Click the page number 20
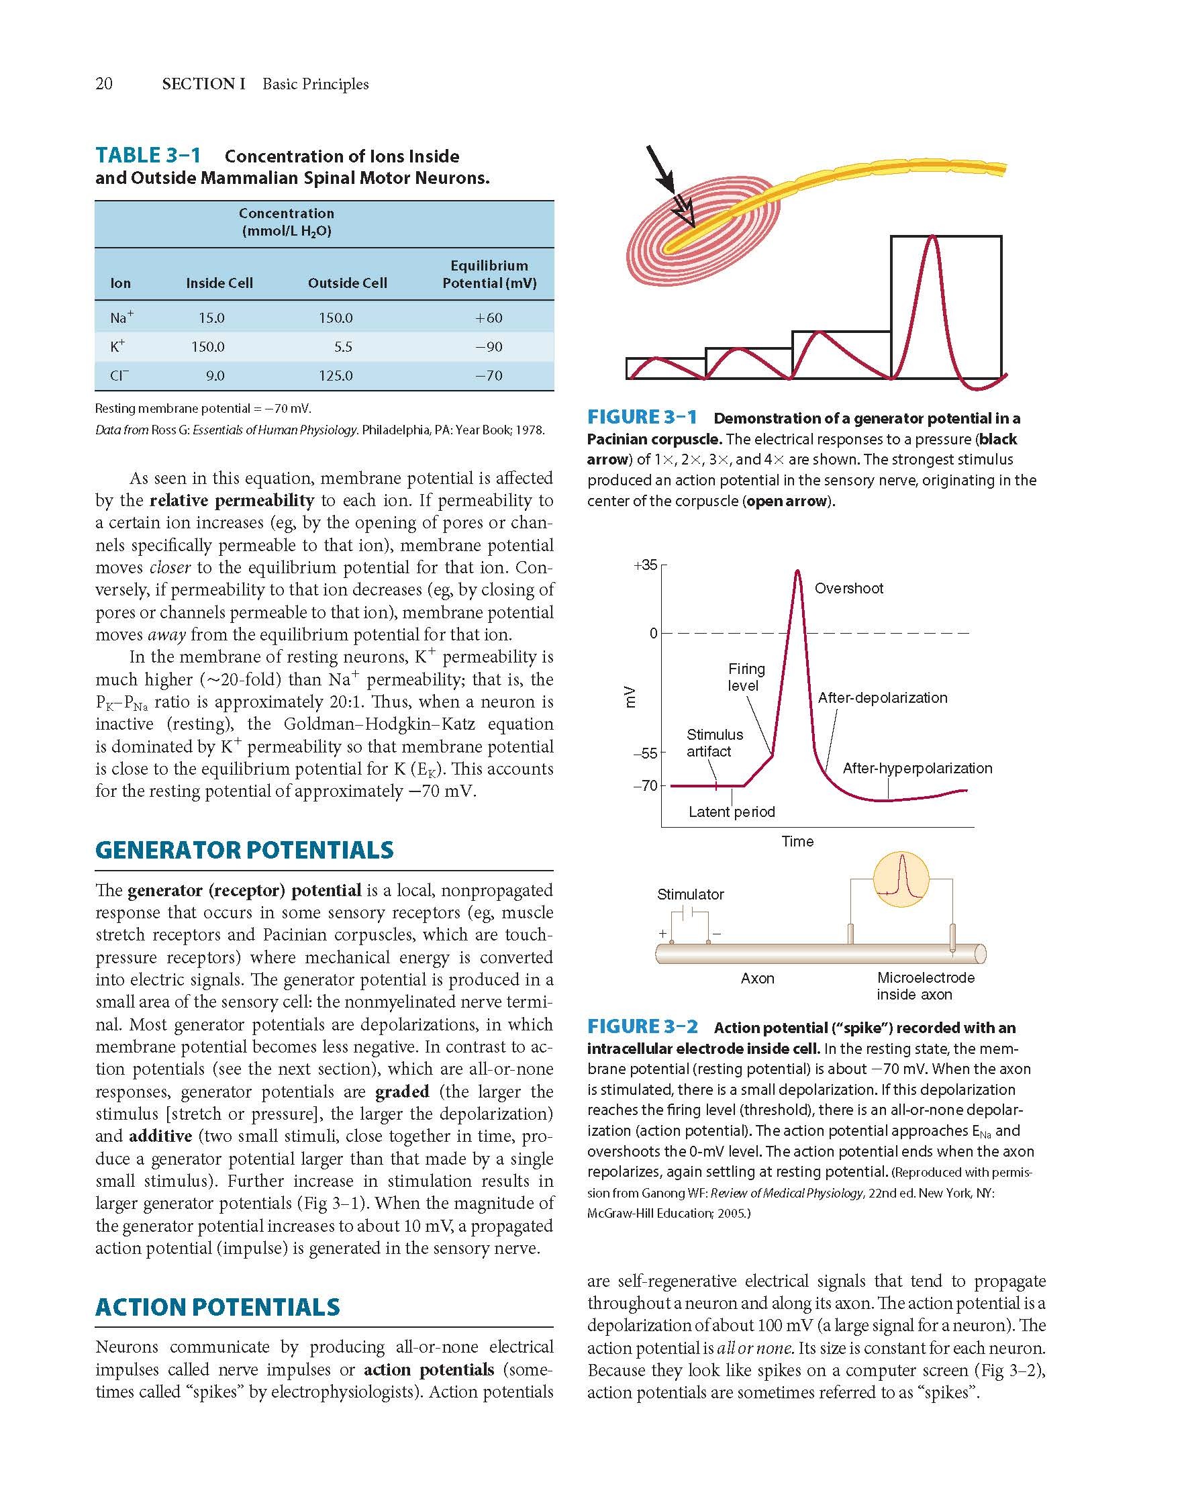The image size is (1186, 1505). point(103,84)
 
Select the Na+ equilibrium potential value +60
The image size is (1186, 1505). point(489,318)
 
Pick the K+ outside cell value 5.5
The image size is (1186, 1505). point(343,346)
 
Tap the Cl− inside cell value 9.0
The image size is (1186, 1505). point(215,376)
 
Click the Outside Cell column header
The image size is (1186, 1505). point(347,283)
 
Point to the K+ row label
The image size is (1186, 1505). point(118,346)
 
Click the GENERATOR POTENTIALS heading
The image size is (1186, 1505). point(244,850)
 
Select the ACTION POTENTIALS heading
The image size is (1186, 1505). point(217,1307)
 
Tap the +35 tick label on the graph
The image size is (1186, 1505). point(645,565)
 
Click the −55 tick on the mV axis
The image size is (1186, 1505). point(648,753)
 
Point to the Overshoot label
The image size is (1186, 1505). point(848,588)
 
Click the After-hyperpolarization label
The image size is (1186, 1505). point(918,768)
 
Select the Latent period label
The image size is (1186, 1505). point(731,812)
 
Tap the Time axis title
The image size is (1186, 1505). point(797,842)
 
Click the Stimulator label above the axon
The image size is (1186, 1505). point(690,895)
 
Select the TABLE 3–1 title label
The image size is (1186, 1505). point(148,156)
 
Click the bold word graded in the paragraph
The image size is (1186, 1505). point(402,1091)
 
